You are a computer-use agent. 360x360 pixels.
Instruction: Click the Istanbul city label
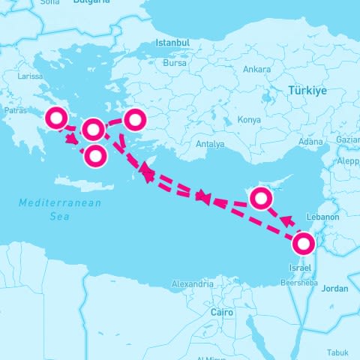pyautogui.click(x=172, y=43)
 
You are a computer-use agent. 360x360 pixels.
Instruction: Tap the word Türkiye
pyautogui.click(x=307, y=91)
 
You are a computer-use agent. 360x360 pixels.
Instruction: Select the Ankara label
pyautogui.click(x=256, y=70)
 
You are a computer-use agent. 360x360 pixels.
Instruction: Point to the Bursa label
pyautogui.click(x=174, y=63)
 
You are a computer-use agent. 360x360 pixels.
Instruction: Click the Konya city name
pyautogui.click(x=249, y=120)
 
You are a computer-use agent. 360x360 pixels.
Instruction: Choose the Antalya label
pyautogui.click(x=209, y=144)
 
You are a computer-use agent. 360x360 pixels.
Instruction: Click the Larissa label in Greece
pyautogui.click(x=30, y=76)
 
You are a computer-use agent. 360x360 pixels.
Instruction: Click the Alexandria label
pyautogui.click(x=192, y=285)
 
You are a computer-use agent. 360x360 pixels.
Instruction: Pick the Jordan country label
pyautogui.click(x=334, y=289)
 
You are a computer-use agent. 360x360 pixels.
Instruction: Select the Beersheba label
pyautogui.click(x=301, y=284)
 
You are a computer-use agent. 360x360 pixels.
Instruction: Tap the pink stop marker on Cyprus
pyautogui.click(x=260, y=198)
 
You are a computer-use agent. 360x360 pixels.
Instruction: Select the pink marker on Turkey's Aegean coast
pyautogui.click(x=135, y=118)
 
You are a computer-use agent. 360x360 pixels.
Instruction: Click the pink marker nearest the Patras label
pyautogui.click(x=56, y=118)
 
